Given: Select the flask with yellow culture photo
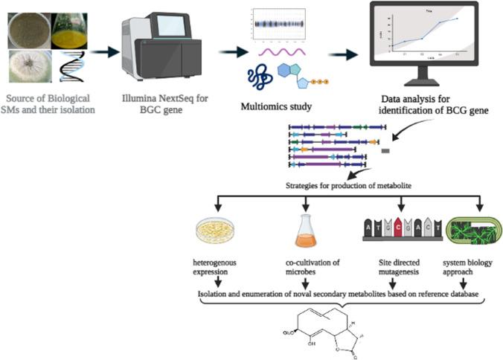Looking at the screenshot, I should [x=73, y=26].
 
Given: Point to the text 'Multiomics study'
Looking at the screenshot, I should [x=275, y=106].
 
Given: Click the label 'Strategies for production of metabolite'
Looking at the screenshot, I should [x=350, y=185].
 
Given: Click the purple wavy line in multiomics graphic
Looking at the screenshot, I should [x=281, y=51].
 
